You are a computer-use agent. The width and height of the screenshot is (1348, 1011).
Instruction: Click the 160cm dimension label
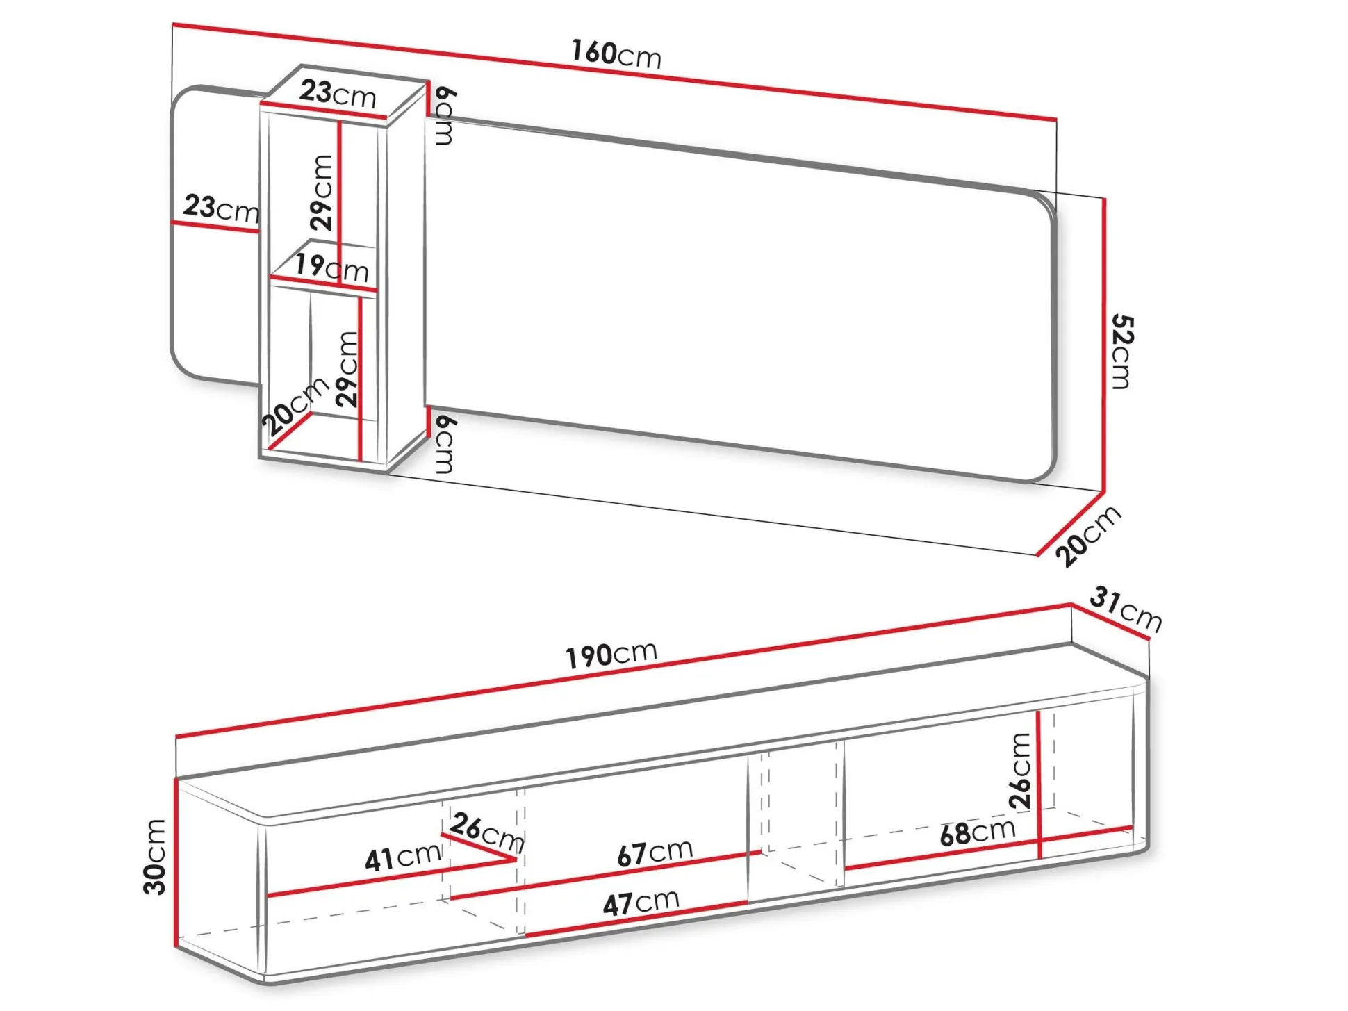pos(616,54)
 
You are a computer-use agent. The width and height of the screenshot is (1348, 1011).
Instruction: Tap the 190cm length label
pos(611,654)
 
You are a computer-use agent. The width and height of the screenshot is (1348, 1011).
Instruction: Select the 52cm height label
pos(1122,352)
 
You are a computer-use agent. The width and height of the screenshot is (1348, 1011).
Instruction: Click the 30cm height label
pos(155,857)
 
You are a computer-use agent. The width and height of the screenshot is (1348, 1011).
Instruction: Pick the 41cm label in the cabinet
pos(403,857)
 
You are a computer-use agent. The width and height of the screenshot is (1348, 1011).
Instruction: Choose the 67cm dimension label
pos(655,852)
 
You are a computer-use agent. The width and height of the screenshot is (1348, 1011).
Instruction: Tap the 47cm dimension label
pos(641,903)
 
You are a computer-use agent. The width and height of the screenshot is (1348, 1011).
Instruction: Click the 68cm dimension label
pos(978,831)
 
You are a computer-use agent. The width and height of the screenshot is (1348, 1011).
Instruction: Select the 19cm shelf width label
pos(331,268)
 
